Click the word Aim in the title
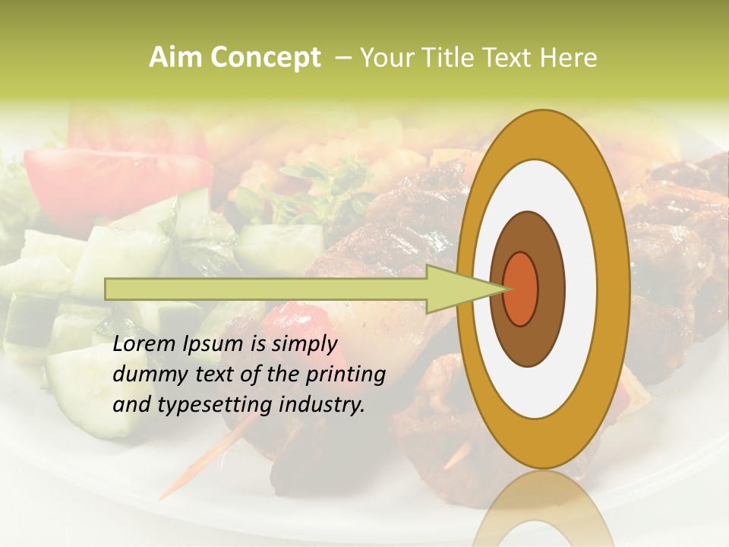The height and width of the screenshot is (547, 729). (175, 58)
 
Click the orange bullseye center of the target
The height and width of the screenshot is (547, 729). (521, 289)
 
